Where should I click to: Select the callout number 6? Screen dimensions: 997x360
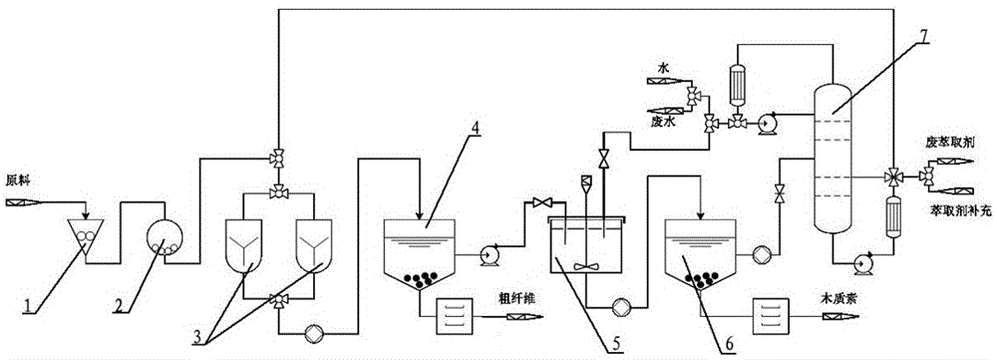click(730, 343)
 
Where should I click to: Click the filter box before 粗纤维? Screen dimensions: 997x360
click(455, 315)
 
